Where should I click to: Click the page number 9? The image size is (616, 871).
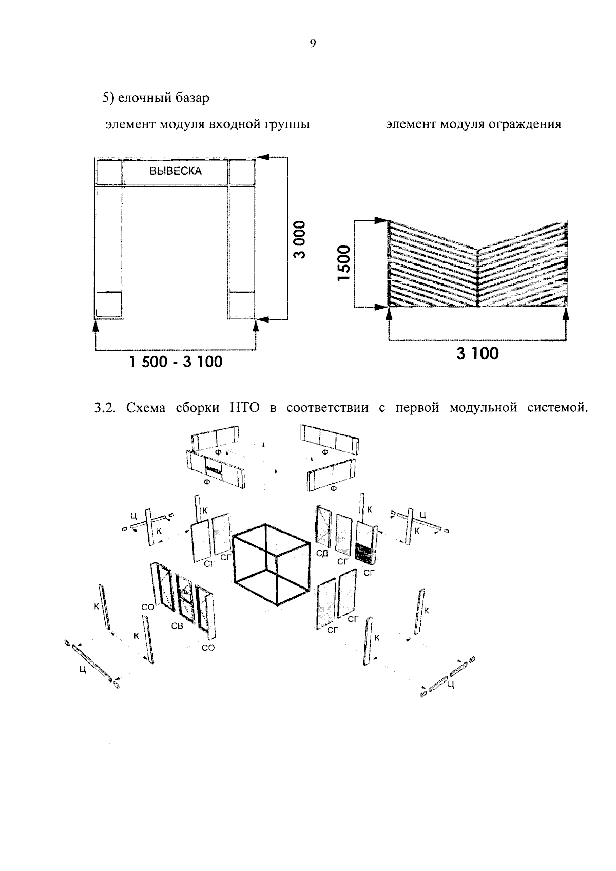click(313, 44)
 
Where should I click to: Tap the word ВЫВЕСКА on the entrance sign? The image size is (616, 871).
click(176, 172)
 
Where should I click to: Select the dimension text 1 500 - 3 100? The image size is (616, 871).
click(176, 362)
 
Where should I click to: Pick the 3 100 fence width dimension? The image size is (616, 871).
click(477, 354)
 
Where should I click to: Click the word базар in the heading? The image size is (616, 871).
click(189, 98)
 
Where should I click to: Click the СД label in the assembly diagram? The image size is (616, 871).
click(322, 553)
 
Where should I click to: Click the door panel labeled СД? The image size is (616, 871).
click(323, 525)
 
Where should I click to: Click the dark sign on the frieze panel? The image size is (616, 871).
click(214, 469)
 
